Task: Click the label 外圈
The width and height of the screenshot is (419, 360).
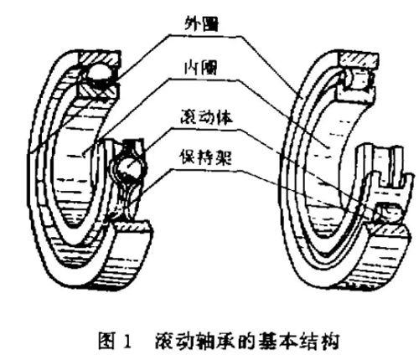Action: (201, 23)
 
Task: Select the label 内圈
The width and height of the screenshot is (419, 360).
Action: (200, 68)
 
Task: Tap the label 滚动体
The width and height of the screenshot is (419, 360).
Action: (206, 117)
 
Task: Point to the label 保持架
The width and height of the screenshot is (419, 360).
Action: (206, 157)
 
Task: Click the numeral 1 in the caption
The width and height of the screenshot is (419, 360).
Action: (127, 341)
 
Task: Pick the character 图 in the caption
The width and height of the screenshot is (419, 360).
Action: (107, 341)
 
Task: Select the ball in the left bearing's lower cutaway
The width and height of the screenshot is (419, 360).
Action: (128, 168)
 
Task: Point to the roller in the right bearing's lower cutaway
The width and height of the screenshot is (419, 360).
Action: (391, 212)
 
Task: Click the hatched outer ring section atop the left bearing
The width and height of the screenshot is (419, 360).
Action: (99, 58)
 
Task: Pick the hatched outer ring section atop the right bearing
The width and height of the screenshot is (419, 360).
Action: (359, 60)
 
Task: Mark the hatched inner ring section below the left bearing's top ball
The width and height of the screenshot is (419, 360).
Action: (97, 91)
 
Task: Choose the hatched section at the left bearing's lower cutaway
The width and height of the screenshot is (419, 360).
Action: (132, 225)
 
